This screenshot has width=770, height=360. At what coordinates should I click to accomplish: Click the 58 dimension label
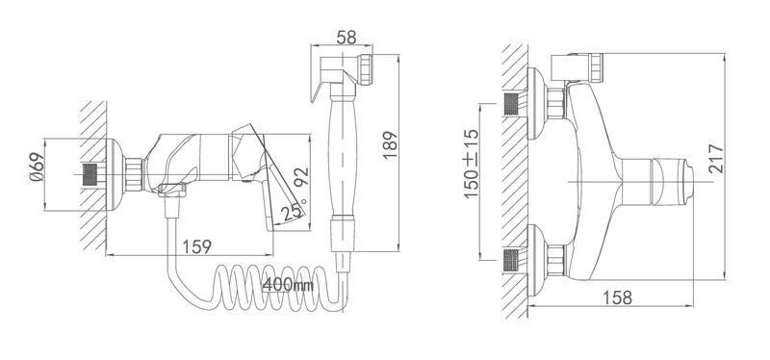346,38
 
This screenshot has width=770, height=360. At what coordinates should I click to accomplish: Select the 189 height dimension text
391,145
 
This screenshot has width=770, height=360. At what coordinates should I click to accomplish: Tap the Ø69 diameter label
37,167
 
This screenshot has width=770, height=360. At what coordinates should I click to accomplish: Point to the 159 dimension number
197,246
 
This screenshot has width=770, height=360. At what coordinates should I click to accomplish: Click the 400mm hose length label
288,284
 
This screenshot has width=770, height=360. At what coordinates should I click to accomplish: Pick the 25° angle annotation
293,211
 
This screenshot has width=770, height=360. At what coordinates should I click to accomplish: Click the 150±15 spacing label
472,164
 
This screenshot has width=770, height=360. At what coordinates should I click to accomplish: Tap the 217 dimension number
716,158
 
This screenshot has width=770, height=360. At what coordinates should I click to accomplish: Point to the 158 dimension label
617,297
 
